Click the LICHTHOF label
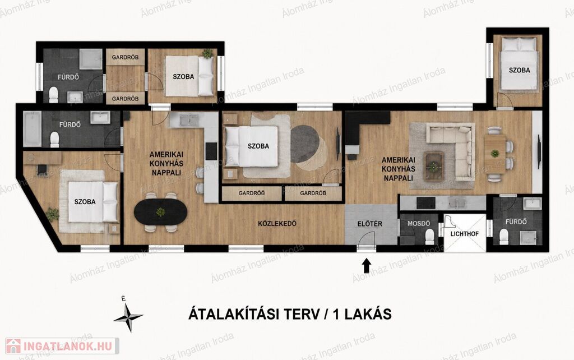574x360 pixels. coord(464,234)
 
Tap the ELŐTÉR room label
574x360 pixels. coord(370,224)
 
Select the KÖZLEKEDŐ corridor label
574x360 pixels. coord(277,223)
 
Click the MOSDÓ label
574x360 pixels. coord(419,223)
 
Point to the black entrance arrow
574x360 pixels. coord(367,266)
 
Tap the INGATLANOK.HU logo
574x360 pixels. coord(62,346)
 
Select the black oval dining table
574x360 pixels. coord(160,212)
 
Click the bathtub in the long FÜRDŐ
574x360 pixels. coord(32,129)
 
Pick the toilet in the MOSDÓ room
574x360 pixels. coord(429,237)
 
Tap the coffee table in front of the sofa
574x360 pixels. coord(434,166)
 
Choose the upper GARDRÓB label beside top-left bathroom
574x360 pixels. coord(125,58)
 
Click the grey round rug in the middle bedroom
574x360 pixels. coord(305,144)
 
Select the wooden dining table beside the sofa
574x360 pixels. coord(495,154)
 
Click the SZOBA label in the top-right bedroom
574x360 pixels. coord(519,70)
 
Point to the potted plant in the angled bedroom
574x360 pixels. coord(52,214)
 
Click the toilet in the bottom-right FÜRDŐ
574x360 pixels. coord(504,237)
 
